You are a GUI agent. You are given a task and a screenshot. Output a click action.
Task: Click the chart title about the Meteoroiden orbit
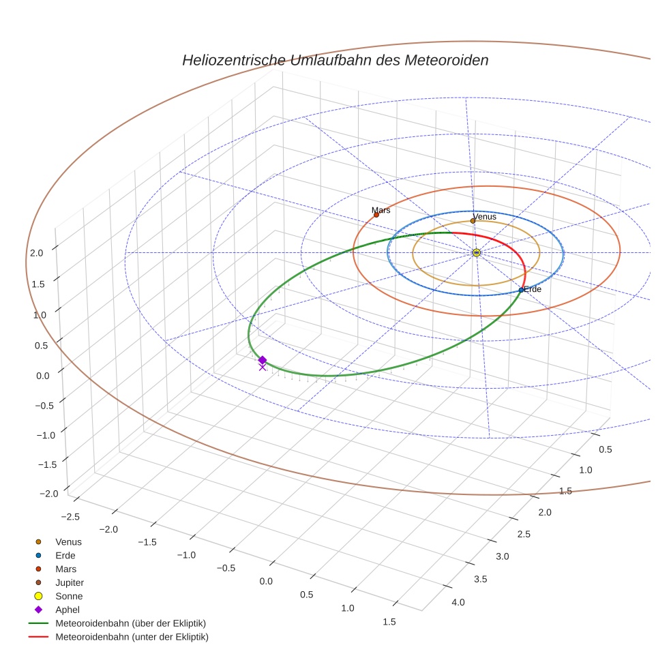coord(335,60)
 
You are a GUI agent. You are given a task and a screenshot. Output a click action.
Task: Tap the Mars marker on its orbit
coord(376,215)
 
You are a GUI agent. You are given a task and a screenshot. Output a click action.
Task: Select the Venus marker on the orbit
coord(473,220)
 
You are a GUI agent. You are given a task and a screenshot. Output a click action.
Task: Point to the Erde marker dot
coord(521,290)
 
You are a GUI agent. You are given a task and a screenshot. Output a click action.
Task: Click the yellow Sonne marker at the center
coord(476,253)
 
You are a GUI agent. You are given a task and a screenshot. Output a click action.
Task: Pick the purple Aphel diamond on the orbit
coord(263,359)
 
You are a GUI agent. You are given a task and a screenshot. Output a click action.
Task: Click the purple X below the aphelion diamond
coord(263,368)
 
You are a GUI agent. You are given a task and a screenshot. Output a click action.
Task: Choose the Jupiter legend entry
coord(69,582)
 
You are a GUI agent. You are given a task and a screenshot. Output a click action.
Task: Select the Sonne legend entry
coord(69,596)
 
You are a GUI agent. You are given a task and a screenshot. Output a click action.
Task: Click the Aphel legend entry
coord(68,610)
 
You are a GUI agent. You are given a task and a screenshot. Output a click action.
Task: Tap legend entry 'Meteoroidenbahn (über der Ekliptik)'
coord(130,623)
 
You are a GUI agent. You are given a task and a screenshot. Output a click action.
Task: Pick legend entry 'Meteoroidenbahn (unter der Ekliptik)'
coord(132,637)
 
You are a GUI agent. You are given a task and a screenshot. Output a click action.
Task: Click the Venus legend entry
coord(68,541)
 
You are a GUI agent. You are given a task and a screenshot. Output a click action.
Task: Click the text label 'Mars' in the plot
coord(381,210)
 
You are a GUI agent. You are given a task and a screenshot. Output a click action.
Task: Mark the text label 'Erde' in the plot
coord(533,290)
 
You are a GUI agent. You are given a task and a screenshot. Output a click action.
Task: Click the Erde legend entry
coord(65,555)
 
